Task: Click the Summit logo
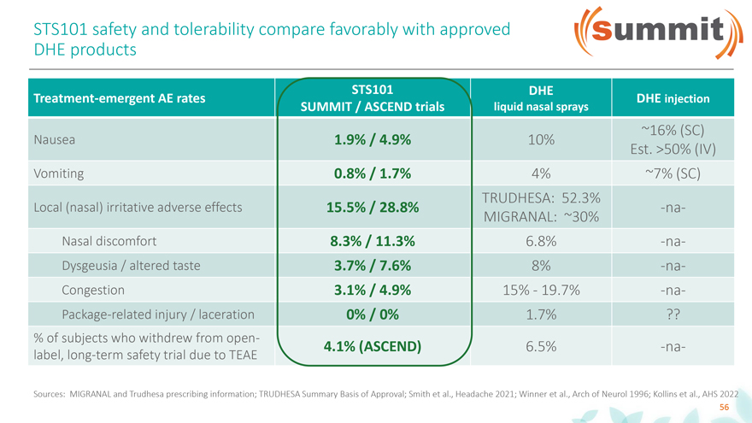(650, 32)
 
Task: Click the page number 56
(723, 408)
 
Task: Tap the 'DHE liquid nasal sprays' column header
(541, 99)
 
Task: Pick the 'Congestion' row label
(94, 290)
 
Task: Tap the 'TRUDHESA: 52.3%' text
(541, 197)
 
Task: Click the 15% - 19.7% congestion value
(540, 290)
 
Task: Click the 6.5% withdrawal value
(540, 347)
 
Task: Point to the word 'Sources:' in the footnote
(49, 393)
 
